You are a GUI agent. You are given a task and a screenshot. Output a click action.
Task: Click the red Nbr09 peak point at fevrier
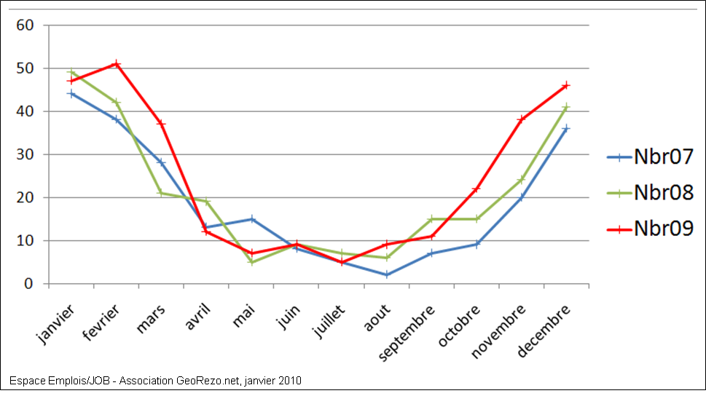(116, 64)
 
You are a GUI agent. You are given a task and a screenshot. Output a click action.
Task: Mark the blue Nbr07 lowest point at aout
(386, 275)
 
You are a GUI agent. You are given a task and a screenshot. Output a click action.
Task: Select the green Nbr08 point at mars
(161, 193)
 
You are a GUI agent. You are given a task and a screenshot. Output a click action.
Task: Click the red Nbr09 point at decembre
(566, 85)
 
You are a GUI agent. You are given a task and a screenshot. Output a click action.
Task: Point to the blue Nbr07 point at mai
(251, 218)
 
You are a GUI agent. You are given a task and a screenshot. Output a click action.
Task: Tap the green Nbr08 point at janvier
(71, 72)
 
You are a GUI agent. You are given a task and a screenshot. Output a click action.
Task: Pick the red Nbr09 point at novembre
(521, 119)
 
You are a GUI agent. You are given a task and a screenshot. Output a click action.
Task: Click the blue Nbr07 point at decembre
(566, 128)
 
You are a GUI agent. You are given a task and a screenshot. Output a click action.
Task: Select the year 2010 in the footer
(290, 381)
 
